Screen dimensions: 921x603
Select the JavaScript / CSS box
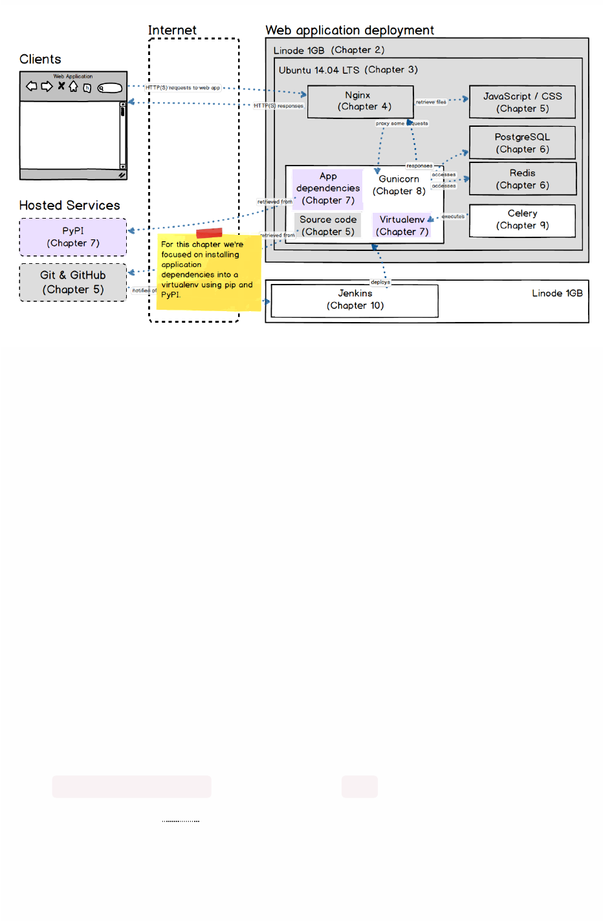tap(522, 102)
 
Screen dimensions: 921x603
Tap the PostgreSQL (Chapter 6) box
tap(522, 143)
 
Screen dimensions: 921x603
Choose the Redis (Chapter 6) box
tap(522, 179)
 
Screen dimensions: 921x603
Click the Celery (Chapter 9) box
tap(522, 220)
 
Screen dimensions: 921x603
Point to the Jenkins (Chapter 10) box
tap(355, 300)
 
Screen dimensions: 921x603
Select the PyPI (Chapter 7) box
tap(73, 237)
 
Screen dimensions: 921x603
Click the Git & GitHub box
tap(73, 283)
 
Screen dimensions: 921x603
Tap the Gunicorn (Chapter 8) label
tap(399, 185)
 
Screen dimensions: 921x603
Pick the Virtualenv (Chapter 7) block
tap(402, 226)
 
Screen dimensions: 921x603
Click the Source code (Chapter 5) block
tap(328, 226)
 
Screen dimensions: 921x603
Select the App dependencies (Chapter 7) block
tap(328, 188)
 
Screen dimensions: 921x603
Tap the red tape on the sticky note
tap(209, 233)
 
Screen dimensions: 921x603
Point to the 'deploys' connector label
tap(380, 282)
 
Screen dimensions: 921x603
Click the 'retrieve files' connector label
tap(431, 102)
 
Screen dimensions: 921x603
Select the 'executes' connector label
tap(453, 217)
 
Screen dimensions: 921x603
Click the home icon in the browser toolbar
tap(73, 86)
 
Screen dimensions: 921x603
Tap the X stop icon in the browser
tap(61, 85)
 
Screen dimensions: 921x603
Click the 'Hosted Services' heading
tap(70, 206)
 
